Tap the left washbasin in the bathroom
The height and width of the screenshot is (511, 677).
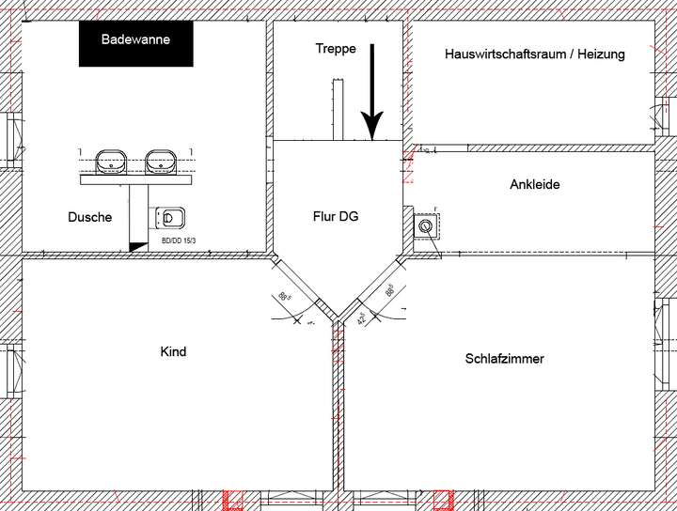pyautogui.click(x=112, y=162)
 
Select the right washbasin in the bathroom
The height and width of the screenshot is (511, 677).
pyautogui.click(x=163, y=162)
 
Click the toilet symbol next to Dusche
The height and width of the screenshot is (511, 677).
pyautogui.click(x=169, y=218)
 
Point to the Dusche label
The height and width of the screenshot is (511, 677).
pyautogui.click(x=90, y=217)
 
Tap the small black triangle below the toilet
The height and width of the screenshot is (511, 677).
pyautogui.click(x=137, y=245)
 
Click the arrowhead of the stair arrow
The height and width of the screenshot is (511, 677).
pyautogui.click(x=372, y=125)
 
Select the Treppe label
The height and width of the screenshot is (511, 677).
pyautogui.click(x=336, y=49)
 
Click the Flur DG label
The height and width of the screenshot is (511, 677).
pyautogui.click(x=336, y=216)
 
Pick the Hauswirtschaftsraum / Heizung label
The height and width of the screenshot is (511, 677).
pyautogui.click(x=534, y=54)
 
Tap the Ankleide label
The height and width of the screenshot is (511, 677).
pyautogui.click(x=534, y=185)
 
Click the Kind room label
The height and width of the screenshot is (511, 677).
pyautogui.click(x=174, y=352)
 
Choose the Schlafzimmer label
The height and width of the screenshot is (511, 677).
pyautogui.click(x=504, y=359)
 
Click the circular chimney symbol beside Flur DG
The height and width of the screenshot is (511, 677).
pyautogui.click(x=426, y=225)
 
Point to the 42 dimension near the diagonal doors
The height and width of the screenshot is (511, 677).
pyautogui.click(x=363, y=318)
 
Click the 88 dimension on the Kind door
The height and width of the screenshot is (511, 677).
pyautogui.click(x=285, y=299)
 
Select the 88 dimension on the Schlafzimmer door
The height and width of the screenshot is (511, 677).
pyautogui.click(x=389, y=291)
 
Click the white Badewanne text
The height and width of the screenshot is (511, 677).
pyautogui.click(x=135, y=40)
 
